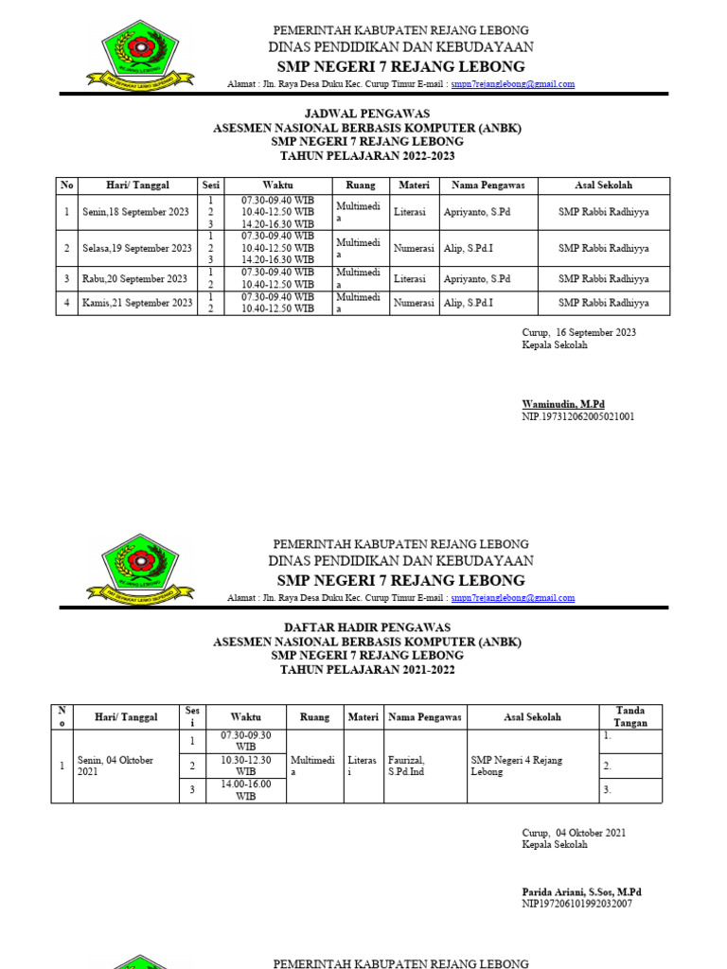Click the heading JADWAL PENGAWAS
[x=367, y=114]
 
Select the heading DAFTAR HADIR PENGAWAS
[x=367, y=627]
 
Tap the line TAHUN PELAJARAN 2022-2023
[x=367, y=156]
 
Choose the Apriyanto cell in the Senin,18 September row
[x=477, y=213]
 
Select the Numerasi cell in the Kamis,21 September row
[x=414, y=304]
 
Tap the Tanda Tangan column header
[x=629, y=717]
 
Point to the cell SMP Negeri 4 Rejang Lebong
[x=532, y=766]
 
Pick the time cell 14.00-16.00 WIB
[x=245, y=790]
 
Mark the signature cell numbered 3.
[x=629, y=789]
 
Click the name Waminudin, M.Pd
[x=563, y=404]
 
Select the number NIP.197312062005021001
[x=577, y=416]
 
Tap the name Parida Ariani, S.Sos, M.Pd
[x=581, y=891]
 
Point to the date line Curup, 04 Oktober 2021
[x=574, y=833]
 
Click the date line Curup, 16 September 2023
[x=578, y=333]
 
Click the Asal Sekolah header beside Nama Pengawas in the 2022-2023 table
[x=603, y=185]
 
